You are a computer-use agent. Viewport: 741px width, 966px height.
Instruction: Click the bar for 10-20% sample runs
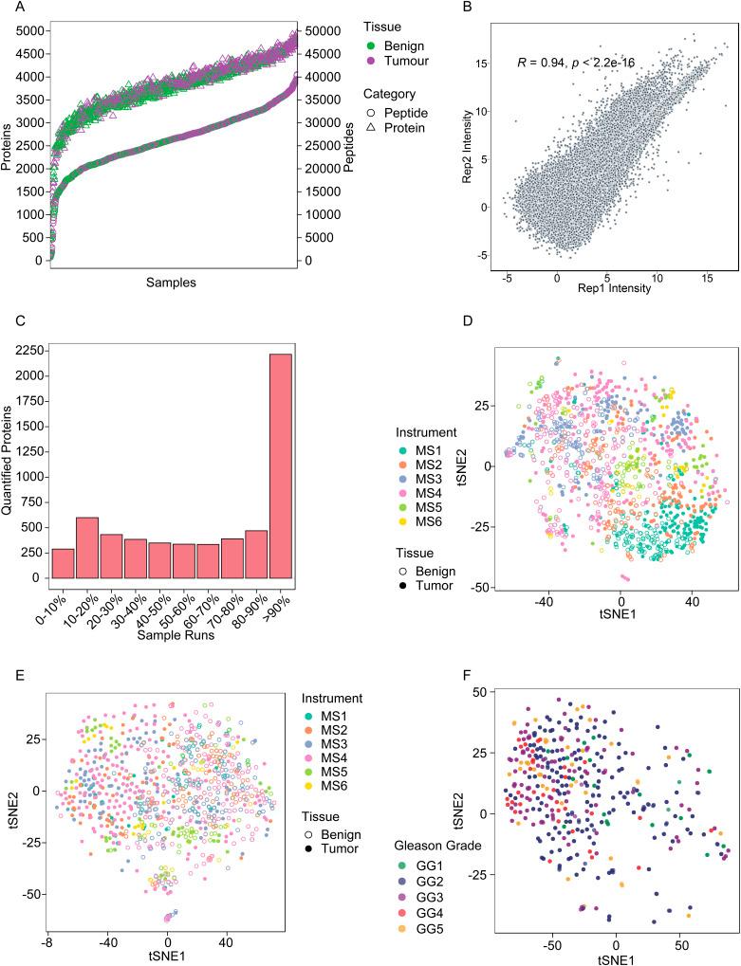[87, 547]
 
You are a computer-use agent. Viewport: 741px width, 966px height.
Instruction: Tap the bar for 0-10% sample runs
[62, 562]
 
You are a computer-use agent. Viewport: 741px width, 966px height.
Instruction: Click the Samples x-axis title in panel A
[173, 283]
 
